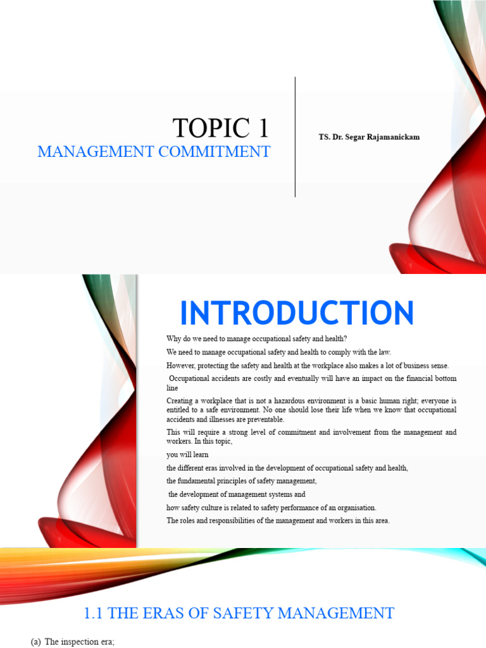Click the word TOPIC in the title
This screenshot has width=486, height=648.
[x=211, y=128]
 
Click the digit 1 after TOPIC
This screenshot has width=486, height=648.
[x=264, y=128]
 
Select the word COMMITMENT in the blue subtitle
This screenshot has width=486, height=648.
[x=214, y=152]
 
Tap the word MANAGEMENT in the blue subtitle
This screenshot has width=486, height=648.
[x=96, y=152]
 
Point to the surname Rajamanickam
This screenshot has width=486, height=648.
[x=393, y=137]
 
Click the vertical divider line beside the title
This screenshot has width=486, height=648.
[x=295, y=137]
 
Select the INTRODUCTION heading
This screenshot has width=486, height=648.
[x=297, y=313]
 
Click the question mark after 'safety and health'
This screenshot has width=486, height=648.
[x=345, y=339]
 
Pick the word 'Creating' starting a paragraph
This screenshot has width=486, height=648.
[x=179, y=401]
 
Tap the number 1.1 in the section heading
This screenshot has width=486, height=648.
[x=93, y=613]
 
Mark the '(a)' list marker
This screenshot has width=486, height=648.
[x=35, y=642]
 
